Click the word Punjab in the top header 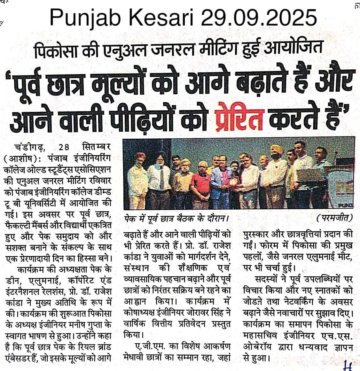85,18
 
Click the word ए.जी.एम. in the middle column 145,346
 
